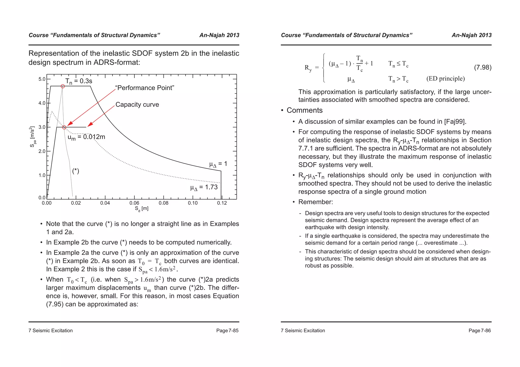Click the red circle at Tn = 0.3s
click(x=63, y=86)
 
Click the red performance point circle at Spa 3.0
click(x=64, y=127)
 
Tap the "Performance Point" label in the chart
click(x=145, y=88)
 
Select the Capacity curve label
click(x=137, y=105)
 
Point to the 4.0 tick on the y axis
click(x=42, y=103)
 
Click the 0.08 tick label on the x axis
click(x=164, y=203)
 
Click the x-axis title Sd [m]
click(x=141, y=209)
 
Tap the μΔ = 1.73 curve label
click(x=204, y=187)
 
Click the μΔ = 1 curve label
click(x=218, y=164)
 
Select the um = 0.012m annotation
click(x=86, y=137)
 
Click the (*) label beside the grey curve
click(x=76, y=171)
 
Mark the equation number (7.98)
click(x=483, y=67)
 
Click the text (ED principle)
click(x=446, y=79)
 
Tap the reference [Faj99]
click(x=455, y=122)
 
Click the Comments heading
click(x=304, y=110)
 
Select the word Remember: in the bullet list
click(x=315, y=202)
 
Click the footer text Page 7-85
click(x=227, y=331)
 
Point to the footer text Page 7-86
click(x=480, y=331)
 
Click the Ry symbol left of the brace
click(x=308, y=68)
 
